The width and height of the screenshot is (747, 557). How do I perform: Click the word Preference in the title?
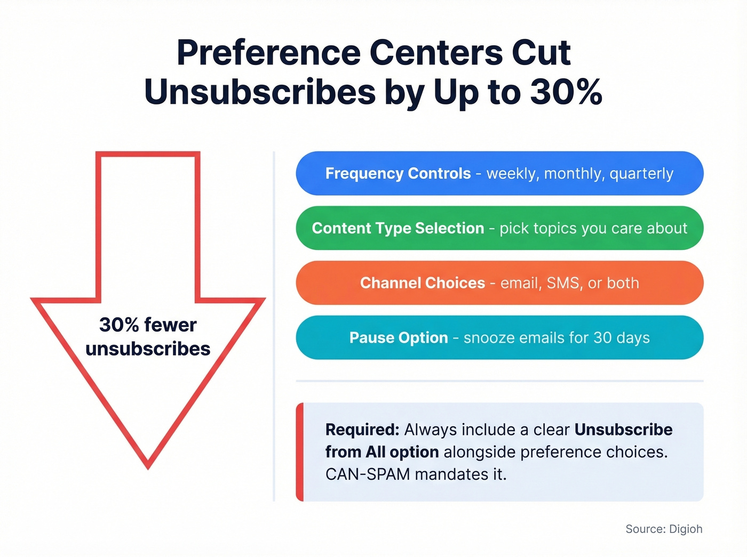point(269,53)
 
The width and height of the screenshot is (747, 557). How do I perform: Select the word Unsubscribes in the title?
point(260,92)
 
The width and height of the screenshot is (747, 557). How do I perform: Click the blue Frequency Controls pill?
point(499,174)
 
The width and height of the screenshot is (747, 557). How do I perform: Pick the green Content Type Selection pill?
point(499,228)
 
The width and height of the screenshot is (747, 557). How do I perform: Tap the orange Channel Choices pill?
point(499,283)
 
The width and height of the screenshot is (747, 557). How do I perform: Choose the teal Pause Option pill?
point(499,338)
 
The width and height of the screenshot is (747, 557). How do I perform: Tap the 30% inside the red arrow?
point(119,325)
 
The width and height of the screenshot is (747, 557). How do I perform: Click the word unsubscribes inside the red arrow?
point(148,349)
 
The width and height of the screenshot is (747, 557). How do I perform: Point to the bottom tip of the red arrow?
point(148,465)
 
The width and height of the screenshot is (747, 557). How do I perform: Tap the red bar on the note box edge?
point(300,452)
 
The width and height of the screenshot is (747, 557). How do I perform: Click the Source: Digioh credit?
point(664,529)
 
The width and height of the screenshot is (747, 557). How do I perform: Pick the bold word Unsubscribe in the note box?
point(623,430)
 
